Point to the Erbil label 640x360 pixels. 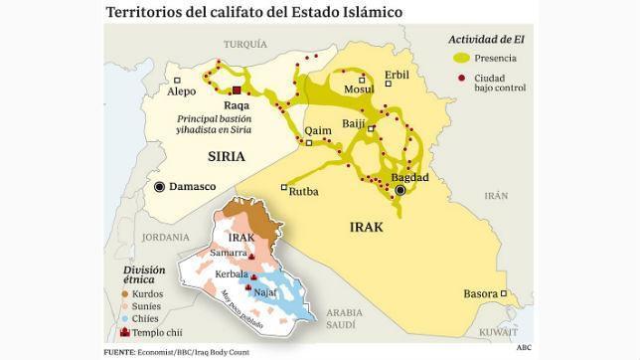(396, 75)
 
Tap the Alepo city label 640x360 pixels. (182, 91)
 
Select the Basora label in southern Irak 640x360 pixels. (482, 294)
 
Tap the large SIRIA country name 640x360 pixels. (226, 157)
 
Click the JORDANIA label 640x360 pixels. (165, 238)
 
